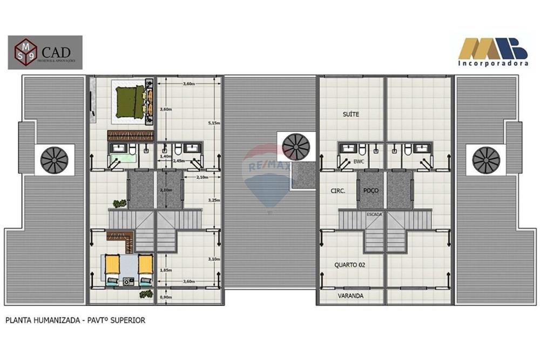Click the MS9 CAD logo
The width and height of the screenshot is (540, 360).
coord(45,52)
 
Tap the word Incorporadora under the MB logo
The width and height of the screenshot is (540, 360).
coord(493,63)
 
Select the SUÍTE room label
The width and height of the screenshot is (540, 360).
coord(351,114)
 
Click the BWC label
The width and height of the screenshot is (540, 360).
coord(358,161)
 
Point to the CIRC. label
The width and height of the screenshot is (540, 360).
coord(337,191)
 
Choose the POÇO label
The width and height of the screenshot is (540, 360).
coord(370,191)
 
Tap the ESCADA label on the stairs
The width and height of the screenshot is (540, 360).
coord(374,214)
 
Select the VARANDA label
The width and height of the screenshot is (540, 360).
coord(350,296)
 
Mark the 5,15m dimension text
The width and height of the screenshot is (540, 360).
coord(215,123)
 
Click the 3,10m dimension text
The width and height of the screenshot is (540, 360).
coord(215,259)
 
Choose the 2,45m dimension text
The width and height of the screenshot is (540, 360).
coord(179,161)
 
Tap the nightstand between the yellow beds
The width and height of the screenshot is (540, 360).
coord(128,281)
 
